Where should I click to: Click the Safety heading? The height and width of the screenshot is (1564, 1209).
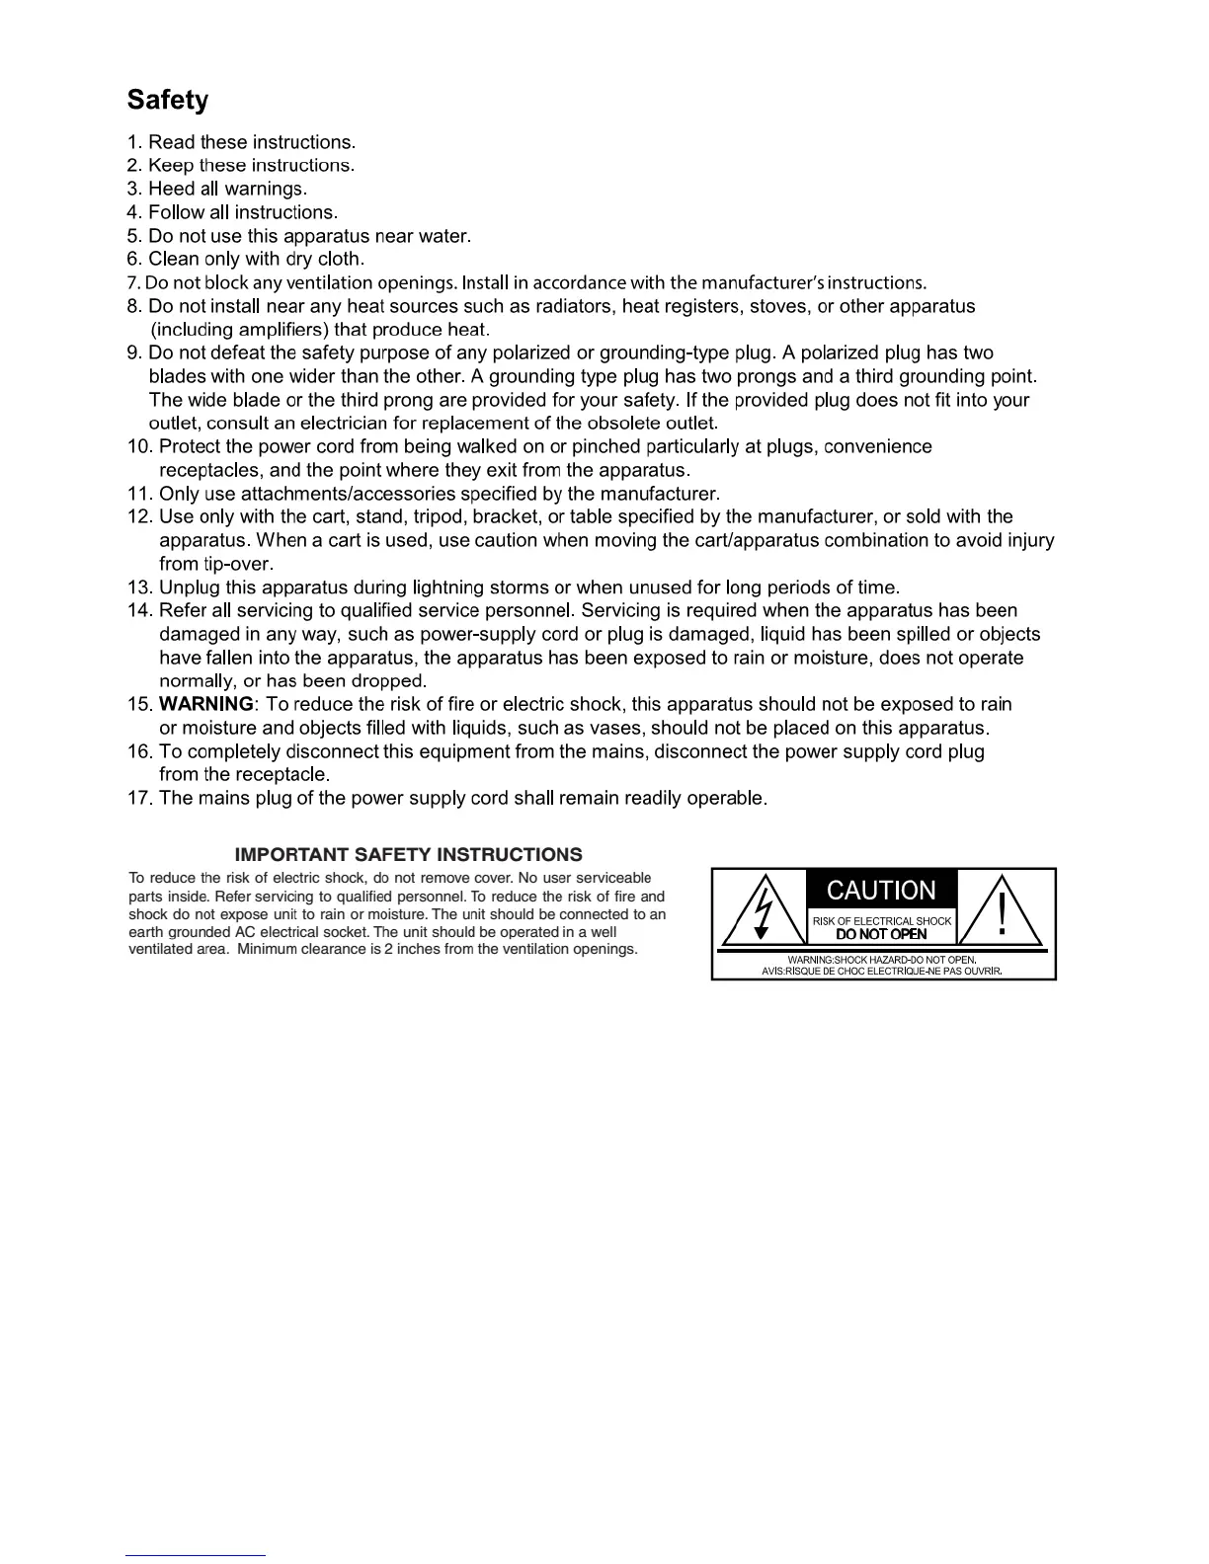pyautogui.click(x=168, y=101)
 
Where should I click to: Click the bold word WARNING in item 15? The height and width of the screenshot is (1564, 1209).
pyautogui.click(x=205, y=704)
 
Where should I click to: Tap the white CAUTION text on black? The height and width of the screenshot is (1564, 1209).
pyautogui.click(x=881, y=891)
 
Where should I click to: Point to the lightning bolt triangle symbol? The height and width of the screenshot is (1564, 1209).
pyautogui.click(x=761, y=911)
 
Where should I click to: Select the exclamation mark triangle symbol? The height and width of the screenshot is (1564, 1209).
pyautogui.click(x=1002, y=911)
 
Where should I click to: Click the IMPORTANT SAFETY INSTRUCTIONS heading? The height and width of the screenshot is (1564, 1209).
pyautogui.click(x=408, y=854)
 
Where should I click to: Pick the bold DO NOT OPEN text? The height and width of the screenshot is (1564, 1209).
pyautogui.click(x=881, y=934)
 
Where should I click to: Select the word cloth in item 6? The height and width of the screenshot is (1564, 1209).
pyautogui.click(x=340, y=259)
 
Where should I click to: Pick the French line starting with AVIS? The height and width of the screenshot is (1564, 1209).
pyautogui.click(x=882, y=971)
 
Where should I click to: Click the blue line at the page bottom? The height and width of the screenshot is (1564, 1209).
pyautogui.click(x=196, y=1555)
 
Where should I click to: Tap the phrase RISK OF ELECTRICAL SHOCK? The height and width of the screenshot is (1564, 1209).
pyautogui.click(x=882, y=920)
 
